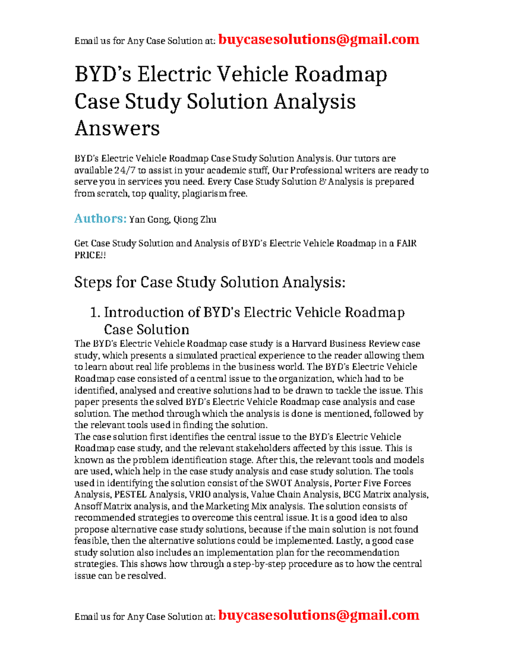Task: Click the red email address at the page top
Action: pos(319,40)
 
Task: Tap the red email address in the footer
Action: pos(319,615)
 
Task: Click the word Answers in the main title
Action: pos(117,128)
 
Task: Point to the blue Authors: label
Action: pos(100,219)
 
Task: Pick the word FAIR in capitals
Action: pos(407,243)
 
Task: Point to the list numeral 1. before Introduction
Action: pos(95,312)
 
